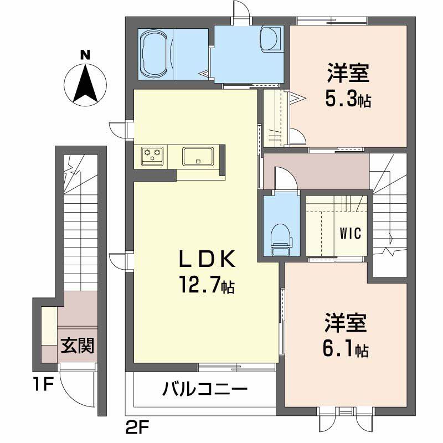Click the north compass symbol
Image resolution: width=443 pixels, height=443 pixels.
[x=84, y=85]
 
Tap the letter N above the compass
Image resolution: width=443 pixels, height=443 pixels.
[x=84, y=55]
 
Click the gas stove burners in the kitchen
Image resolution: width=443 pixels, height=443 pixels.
[x=152, y=154]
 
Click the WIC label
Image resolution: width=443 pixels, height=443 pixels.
[x=350, y=233]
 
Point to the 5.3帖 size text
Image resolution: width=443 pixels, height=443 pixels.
[x=348, y=99]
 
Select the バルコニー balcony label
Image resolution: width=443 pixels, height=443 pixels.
[x=204, y=390]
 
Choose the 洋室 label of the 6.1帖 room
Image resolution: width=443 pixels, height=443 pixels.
[x=346, y=323]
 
